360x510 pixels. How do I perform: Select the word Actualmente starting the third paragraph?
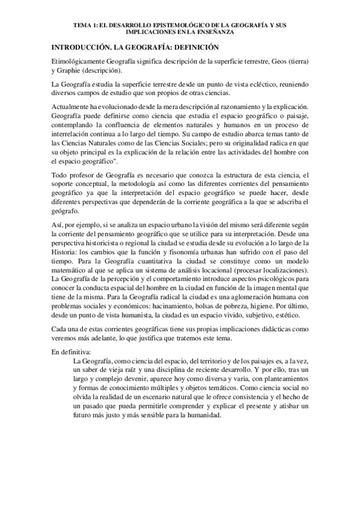[75, 105]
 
